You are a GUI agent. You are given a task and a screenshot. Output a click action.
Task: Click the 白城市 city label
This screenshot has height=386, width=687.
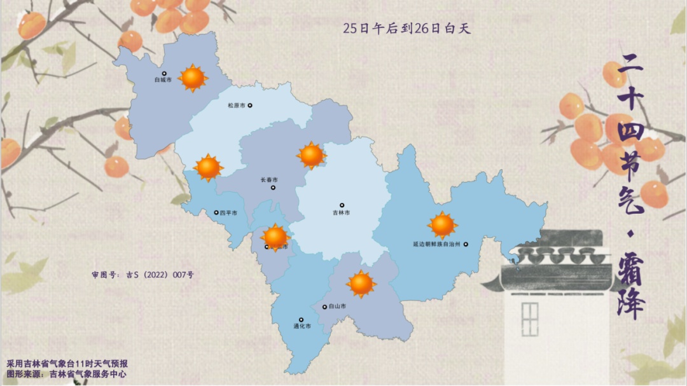[x=163, y=81]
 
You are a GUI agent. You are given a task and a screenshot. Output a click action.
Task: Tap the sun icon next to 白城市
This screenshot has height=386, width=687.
[x=192, y=78]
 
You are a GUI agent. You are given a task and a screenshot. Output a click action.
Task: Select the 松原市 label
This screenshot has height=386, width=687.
[x=236, y=106]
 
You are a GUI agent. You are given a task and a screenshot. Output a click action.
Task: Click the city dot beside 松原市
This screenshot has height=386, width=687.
[x=250, y=106]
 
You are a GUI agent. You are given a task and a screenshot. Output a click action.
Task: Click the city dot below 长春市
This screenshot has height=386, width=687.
[x=273, y=188]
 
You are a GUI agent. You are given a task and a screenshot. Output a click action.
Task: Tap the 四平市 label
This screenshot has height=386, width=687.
[x=228, y=213]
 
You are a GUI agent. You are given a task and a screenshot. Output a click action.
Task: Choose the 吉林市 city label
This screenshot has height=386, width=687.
[x=342, y=213]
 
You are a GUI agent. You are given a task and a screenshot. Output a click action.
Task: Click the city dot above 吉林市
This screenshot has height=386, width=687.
[x=342, y=205]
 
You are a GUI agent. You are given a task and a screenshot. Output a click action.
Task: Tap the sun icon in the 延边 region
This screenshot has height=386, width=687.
[x=442, y=225]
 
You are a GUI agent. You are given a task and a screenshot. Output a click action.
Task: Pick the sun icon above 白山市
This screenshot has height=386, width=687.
[x=361, y=284]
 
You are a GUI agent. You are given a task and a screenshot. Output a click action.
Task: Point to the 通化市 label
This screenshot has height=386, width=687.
[x=302, y=327]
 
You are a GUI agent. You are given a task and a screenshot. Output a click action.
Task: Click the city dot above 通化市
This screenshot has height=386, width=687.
[x=302, y=320]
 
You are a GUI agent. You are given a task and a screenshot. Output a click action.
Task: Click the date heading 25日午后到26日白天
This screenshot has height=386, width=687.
[x=406, y=28]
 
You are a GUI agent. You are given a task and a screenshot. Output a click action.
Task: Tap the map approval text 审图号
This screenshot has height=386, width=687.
[x=142, y=275]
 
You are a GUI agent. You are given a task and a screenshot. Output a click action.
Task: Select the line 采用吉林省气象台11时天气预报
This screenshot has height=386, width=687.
[x=67, y=364]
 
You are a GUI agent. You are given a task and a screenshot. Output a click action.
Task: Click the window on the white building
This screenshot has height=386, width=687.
[x=530, y=319]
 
